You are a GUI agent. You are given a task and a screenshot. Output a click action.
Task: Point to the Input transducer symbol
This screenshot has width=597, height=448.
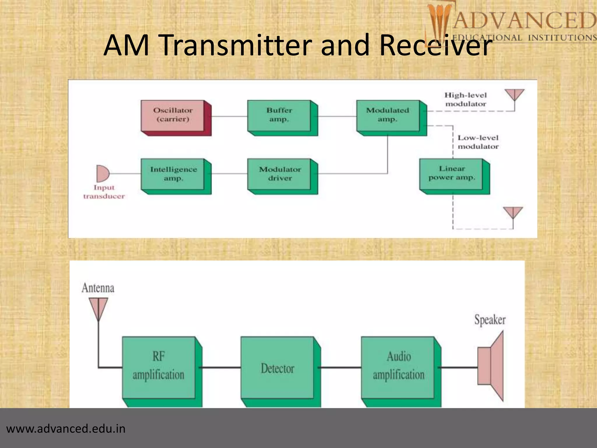click(102, 174)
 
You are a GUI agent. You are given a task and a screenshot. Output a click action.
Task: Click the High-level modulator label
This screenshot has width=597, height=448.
click(466, 99)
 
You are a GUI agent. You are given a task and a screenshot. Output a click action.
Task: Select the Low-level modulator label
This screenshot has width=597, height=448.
click(478, 142)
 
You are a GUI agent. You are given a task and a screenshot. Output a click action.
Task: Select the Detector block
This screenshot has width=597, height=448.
click(277, 368)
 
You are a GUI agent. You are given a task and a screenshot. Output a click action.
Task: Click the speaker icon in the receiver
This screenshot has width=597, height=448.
click(491, 366)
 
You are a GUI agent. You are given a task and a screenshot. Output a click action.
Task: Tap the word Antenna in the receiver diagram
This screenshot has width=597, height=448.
click(98, 288)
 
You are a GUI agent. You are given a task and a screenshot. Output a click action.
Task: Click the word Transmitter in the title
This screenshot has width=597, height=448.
click(238, 45)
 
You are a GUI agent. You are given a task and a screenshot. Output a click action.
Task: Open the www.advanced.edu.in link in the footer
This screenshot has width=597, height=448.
click(66, 429)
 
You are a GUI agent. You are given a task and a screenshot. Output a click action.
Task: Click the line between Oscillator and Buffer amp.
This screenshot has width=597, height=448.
click(229, 116)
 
